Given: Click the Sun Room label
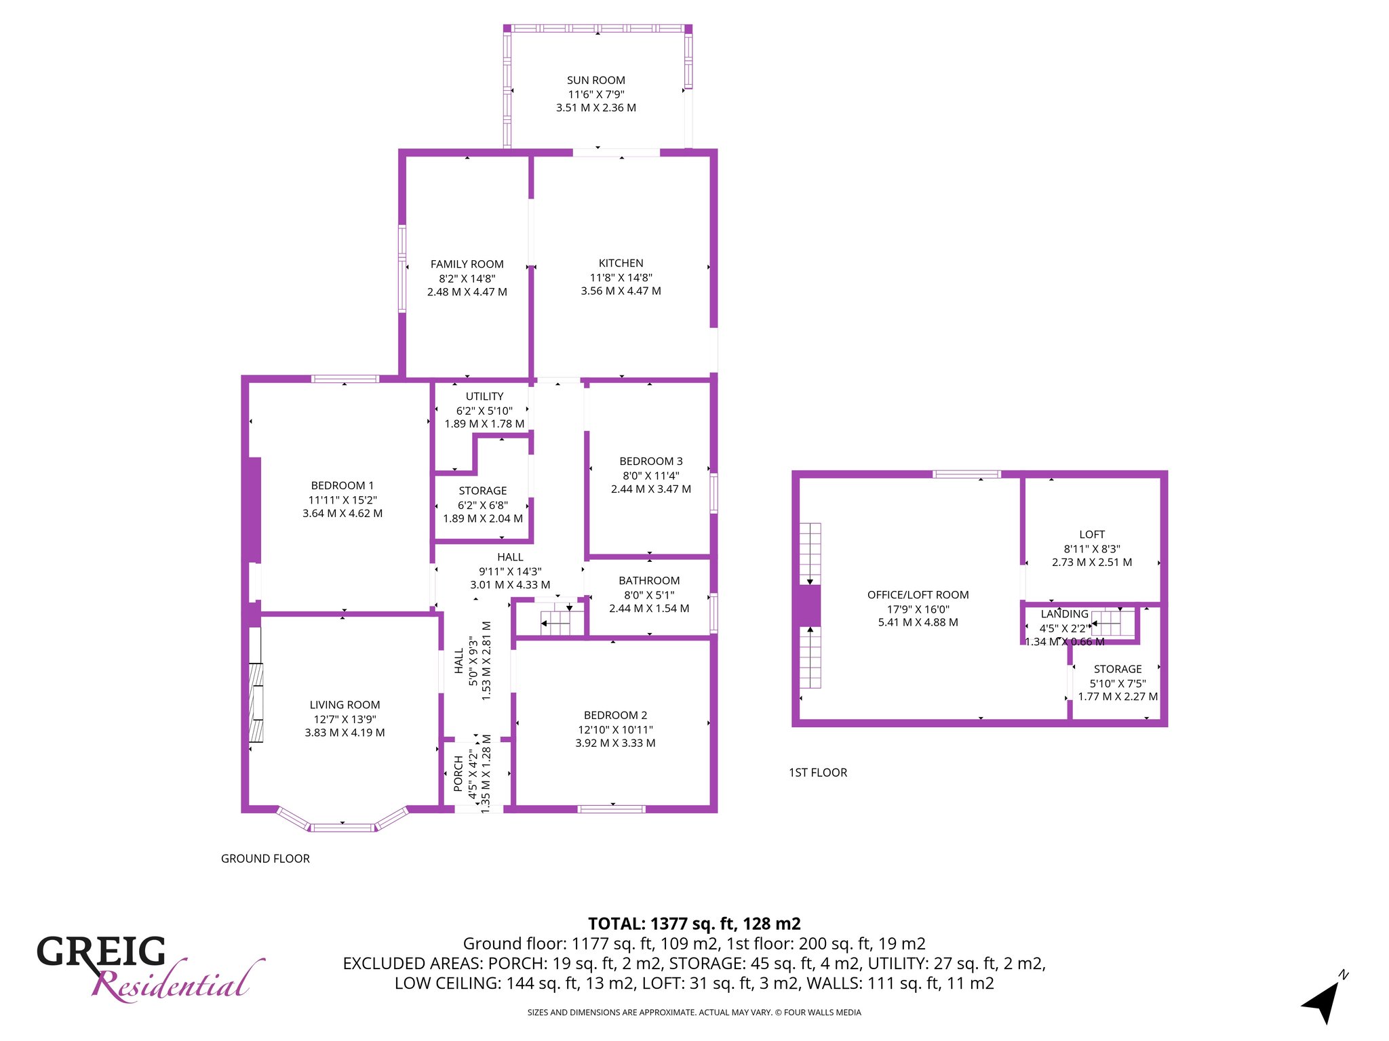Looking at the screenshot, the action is [x=596, y=80].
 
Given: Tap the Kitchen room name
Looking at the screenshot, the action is [x=621, y=263].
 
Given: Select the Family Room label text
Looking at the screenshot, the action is [x=467, y=264].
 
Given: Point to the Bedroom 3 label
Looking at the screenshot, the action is [x=651, y=461].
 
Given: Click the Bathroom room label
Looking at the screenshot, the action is [x=649, y=580].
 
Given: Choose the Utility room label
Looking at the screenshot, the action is [x=484, y=396].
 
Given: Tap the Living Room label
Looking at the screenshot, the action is [x=345, y=705].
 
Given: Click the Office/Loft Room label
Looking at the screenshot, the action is [x=918, y=595].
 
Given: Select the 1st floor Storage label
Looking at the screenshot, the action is [x=1118, y=669].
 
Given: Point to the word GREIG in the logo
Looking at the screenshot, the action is [x=101, y=952].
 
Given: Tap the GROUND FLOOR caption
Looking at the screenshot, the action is [x=265, y=859].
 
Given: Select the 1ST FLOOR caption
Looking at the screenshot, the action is [x=818, y=773].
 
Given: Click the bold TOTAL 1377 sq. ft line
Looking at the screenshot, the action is [x=694, y=924].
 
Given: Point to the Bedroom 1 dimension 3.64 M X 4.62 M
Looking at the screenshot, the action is [x=343, y=514].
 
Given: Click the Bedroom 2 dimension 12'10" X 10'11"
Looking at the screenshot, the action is [x=614, y=730].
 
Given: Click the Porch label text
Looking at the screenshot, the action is [x=458, y=774].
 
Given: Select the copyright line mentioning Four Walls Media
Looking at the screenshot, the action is [x=694, y=1013].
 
